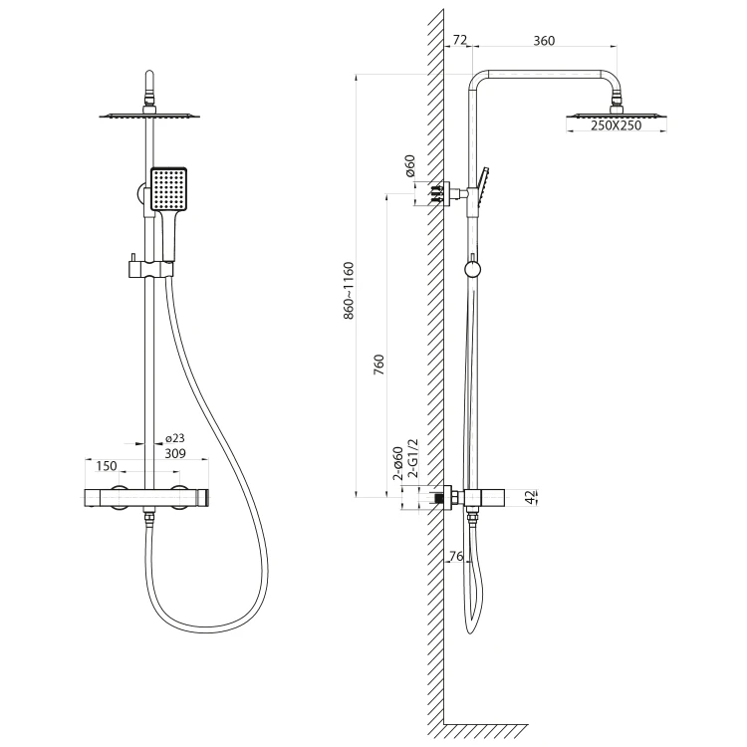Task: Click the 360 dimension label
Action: pyautogui.click(x=544, y=41)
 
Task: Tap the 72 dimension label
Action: pyautogui.click(x=460, y=40)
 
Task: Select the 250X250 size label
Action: pyautogui.click(x=616, y=125)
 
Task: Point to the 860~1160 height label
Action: pyautogui.click(x=350, y=291)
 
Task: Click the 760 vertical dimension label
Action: pyautogui.click(x=378, y=365)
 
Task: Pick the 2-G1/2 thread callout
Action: pyautogui.click(x=413, y=458)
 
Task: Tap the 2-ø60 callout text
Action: pyautogui.click(x=398, y=463)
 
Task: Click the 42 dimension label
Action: pyautogui.click(x=530, y=497)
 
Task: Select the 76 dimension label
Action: pyautogui.click(x=456, y=556)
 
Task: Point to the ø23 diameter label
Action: pyautogui.click(x=175, y=438)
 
